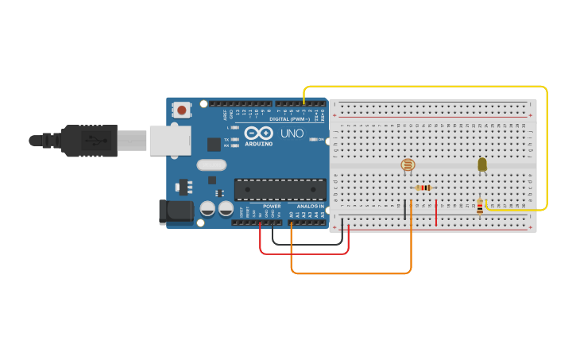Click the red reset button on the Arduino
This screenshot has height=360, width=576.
(x=182, y=110)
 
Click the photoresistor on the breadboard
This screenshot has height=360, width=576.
(x=408, y=165)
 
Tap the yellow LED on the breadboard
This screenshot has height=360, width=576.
(x=482, y=165)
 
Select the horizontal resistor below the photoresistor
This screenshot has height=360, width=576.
(x=423, y=188)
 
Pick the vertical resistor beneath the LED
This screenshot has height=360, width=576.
(x=479, y=207)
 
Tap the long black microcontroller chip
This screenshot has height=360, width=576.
(x=280, y=189)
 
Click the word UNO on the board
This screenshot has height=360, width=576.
(x=292, y=134)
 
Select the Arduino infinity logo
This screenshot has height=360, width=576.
(x=259, y=134)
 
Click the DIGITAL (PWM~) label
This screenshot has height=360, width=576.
(x=291, y=118)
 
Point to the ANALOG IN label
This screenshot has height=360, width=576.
(x=311, y=206)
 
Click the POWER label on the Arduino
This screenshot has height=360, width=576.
(x=272, y=206)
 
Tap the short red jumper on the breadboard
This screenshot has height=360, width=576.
(x=436, y=212)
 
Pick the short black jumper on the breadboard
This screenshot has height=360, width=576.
(x=405, y=210)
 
